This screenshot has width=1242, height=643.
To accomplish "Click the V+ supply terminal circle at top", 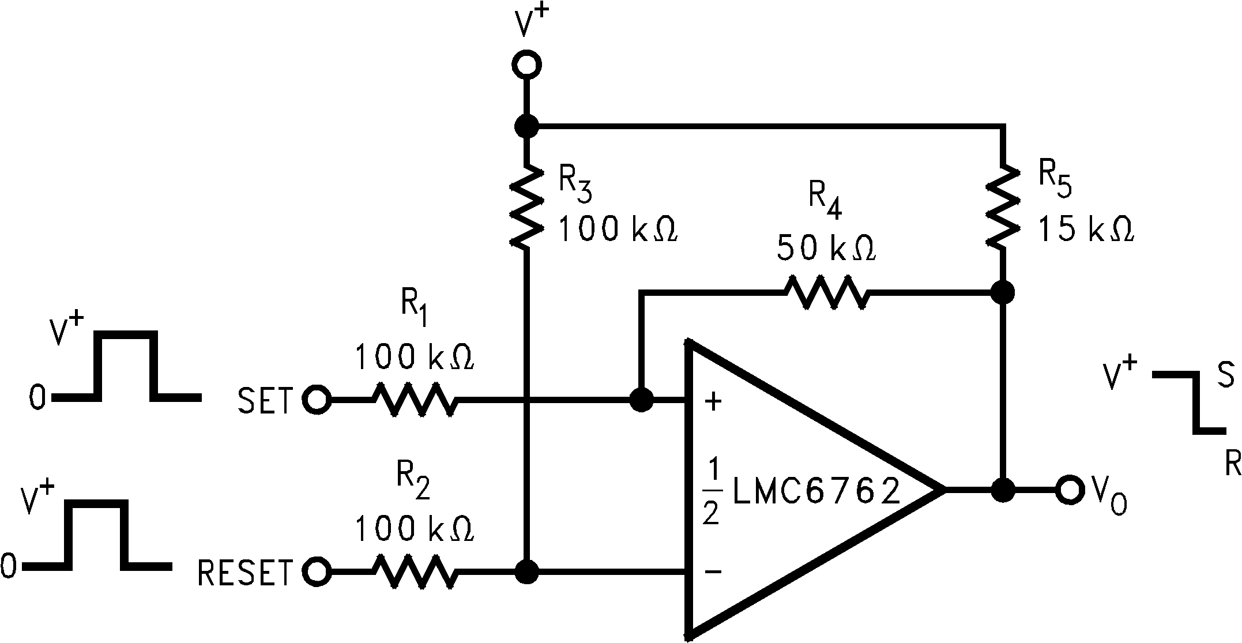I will pos(526,65).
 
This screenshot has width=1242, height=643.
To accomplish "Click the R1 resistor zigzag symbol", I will pos(414,398).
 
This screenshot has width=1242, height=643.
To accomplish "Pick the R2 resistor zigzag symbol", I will pos(414,571).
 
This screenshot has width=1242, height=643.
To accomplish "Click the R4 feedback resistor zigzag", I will pos(826,294).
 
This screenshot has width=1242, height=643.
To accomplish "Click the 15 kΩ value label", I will pos(1086,230).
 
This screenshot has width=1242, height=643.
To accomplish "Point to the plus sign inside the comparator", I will pos(714,401).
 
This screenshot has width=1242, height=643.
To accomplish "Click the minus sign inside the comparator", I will pos(713,571).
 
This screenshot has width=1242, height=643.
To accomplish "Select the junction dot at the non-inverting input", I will pos(641,399).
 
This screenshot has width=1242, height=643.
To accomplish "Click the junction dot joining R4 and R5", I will pos(1003,292).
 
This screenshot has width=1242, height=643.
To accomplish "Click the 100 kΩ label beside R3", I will pos(617,230).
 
